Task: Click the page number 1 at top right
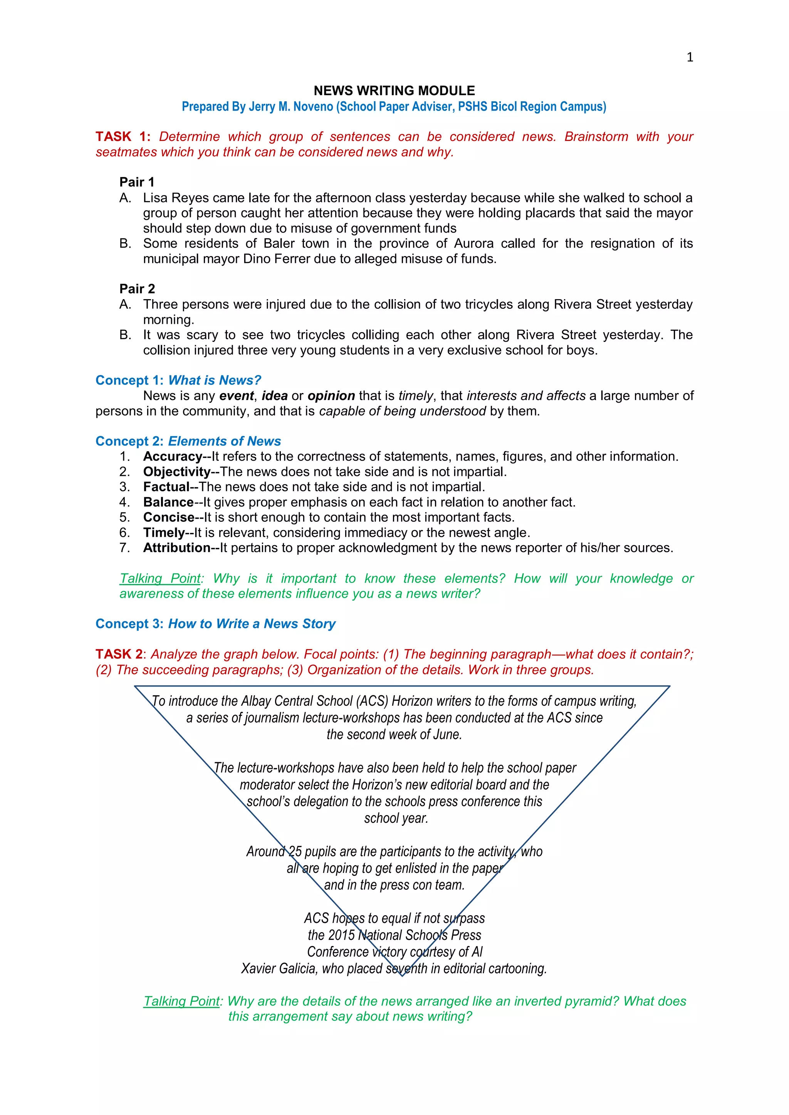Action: (x=689, y=57)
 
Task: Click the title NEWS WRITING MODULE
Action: (x=394, y=91)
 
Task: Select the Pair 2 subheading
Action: (x=137, y=289)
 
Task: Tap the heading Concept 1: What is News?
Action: (x=178, y=380)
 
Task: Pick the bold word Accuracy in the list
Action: (x=173, y=457)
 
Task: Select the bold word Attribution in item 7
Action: (x=176, y=548)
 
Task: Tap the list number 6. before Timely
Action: (x=124, y=533)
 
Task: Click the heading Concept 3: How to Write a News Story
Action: (x=215, y=624)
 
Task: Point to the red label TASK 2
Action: (x=119, y=654)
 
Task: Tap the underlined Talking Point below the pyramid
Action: (x=182, y=1001)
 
